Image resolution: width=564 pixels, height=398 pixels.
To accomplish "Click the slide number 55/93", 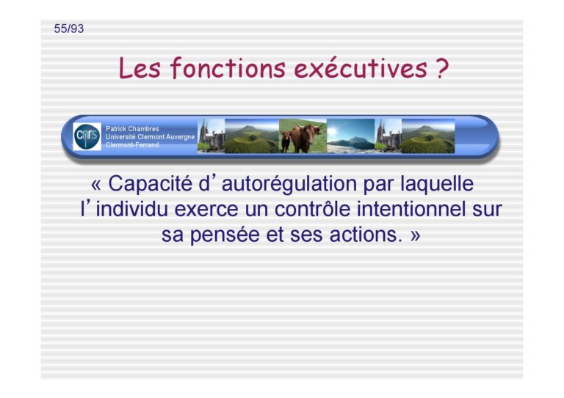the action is pyautogui.click(x=69, y=29).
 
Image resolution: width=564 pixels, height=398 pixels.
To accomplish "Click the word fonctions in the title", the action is pyautogui.click(x=228, y=68).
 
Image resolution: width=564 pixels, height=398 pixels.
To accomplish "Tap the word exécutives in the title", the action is pyautogui.click(x=361, y=68).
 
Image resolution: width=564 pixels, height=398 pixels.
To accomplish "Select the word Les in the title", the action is pyautogui.click(x=140, y=68).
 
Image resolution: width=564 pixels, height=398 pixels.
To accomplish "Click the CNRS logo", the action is pyautogui.click(x=87, y=136).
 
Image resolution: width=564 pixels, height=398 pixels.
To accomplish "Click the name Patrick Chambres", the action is pyautogui.click(x=132, y=128).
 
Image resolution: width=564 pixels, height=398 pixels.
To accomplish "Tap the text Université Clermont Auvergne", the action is pyautogui.click(x=150, y=137).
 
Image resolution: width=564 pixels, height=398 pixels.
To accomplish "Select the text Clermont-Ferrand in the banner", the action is pyautogui.click(x=132, y=145).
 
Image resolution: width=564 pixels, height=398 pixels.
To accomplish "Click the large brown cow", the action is pyautogui.click(x=305, y=137).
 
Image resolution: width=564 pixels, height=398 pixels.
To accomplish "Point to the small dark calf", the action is pyautogui.click(x=286, y=141).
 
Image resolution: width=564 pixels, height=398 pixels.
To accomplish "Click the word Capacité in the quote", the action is pyautogui.click(x=151, y=184).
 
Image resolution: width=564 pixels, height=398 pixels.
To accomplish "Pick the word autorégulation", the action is pyautogui.click(x=289, y=184).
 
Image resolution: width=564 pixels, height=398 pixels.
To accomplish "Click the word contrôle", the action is pyautogui.click(x=312, y=209).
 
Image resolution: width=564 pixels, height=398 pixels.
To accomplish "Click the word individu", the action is pyautogui.click(x=131, y=209).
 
